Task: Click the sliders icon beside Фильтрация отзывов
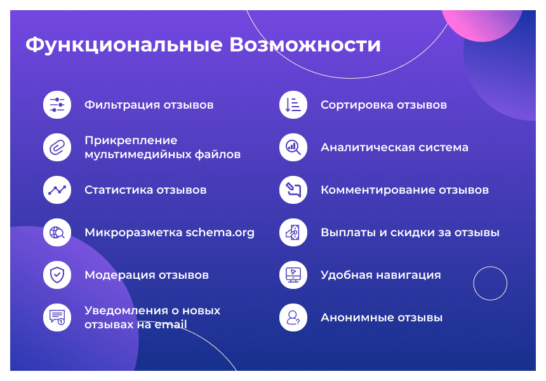pos(57,105)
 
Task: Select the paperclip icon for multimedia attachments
pos(57,147)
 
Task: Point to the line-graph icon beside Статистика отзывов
pos(57,190)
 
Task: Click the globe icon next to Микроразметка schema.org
pos(57,232)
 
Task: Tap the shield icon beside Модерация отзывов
pos(57,275)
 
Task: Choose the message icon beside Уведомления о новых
pos(57,317)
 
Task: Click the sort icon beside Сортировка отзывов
pos(293,105)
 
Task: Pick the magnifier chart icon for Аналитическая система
pos(293,147)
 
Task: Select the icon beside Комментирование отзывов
pos(293,190)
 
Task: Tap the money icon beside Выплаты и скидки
pos(293,232)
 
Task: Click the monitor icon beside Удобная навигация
pos(293,275)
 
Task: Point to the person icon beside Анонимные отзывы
pos(293,317)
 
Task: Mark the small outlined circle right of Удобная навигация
pos(490,283)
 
